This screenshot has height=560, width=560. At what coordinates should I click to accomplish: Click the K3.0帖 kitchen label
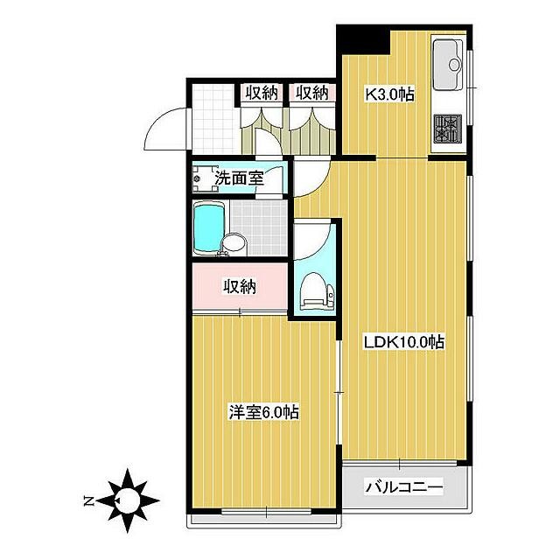(x=388, y=94)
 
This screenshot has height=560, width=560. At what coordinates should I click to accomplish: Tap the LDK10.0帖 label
(x=403, y=342)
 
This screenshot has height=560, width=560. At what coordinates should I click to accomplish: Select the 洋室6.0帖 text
(x=263, y=412)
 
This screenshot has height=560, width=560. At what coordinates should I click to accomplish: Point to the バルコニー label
(x=403, y=486)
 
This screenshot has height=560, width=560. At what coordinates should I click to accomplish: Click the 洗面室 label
(x=239, y=178)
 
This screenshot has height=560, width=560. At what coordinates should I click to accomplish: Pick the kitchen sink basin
(x=448, y=65)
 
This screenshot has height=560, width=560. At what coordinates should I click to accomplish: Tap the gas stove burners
(x=448, y=128)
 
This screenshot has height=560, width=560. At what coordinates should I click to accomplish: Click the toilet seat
(x=313, y=290)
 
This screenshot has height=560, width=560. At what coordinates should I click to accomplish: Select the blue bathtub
(x=209, y=228)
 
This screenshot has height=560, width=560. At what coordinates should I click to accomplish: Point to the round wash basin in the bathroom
(x=234, y=244)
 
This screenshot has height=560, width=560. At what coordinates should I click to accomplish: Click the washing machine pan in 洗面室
(x=205, y=178)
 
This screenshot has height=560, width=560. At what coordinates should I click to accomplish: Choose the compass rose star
(x=128, y=500)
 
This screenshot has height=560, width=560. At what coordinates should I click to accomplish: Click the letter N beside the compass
(x=87, y=501)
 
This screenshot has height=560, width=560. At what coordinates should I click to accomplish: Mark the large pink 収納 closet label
(x=240, y=286)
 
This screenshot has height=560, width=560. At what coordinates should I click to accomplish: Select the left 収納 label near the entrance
(x=262, y=94)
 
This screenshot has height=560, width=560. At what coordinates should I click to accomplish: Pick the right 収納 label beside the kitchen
(x=312, y=93)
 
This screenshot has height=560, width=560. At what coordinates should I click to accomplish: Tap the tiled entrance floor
(x=214, y=120)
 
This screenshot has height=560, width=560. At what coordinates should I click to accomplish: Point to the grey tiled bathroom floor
(x=259, y=227)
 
